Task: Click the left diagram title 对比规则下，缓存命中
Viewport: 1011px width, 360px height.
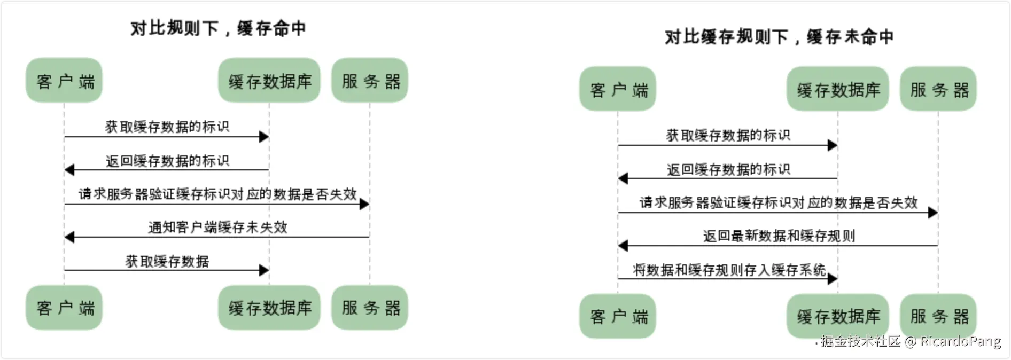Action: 218,28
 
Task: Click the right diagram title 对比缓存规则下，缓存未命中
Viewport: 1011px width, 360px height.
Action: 779,36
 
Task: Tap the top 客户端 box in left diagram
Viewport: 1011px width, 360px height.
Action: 64,81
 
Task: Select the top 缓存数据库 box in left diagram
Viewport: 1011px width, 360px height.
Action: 269,81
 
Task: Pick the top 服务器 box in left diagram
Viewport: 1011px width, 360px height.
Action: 370,81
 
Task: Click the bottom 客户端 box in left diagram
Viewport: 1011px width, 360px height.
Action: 64,308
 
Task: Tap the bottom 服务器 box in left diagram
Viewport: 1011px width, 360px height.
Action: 370,308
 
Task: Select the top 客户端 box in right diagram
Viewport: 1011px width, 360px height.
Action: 618,89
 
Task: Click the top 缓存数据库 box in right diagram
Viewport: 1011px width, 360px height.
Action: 838,89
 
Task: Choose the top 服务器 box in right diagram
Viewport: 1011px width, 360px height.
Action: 938,89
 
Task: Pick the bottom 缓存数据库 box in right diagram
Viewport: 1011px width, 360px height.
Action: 838,316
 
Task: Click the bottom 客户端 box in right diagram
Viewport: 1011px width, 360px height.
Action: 618,316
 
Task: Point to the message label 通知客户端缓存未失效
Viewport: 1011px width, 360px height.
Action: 217,227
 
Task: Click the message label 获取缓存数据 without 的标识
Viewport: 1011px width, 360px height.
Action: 167,261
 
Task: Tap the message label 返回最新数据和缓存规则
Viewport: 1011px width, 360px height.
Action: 779,236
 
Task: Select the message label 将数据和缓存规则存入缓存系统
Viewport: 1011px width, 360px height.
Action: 729,270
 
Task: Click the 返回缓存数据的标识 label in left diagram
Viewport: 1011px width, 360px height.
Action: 167,160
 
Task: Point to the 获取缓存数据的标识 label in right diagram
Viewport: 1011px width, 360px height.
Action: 728,135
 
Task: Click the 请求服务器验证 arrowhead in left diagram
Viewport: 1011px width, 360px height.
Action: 364,204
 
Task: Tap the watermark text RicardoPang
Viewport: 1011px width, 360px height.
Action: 960,341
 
